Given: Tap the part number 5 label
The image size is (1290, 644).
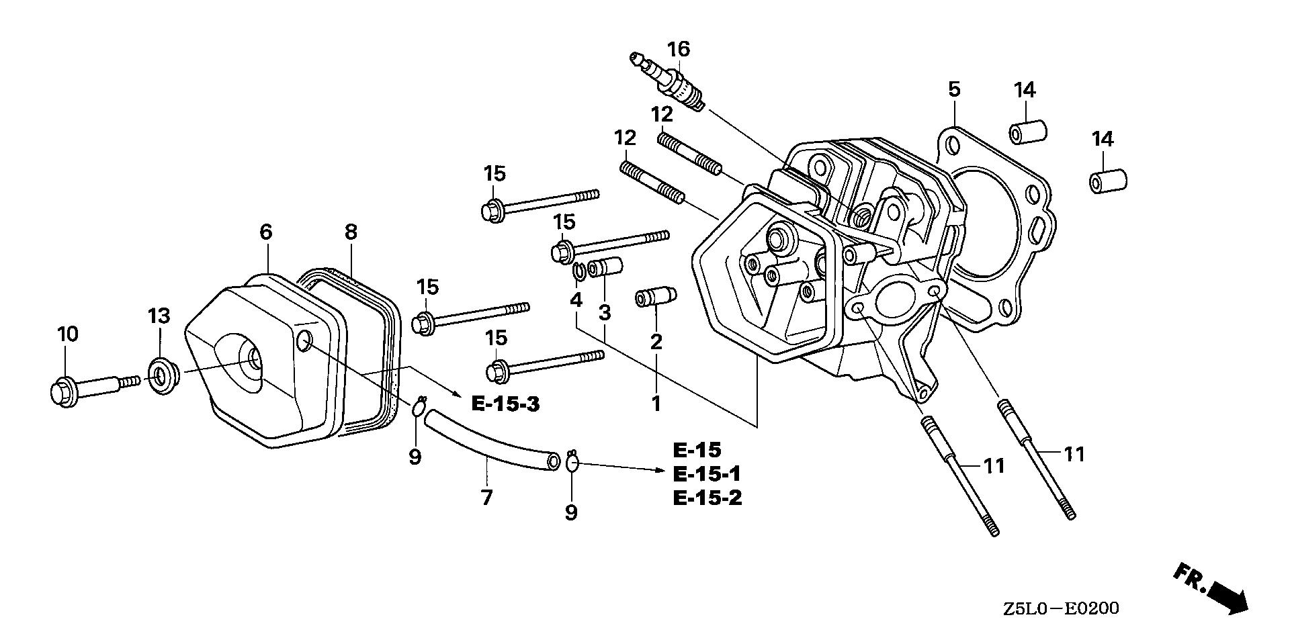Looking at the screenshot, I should (954, 89).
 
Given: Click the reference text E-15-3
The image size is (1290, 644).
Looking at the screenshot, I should (505, 404).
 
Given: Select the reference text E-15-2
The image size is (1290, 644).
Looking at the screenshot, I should (707, 498).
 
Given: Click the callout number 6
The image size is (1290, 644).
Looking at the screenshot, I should (266, 232).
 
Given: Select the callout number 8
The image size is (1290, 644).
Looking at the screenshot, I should (350, 232).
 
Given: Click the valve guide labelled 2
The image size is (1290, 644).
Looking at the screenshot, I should (654, 297).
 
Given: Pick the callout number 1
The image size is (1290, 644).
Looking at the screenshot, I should (656, 404).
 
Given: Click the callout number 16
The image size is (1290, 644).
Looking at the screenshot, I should (679, 49).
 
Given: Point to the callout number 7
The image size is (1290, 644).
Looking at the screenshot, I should (486, 498).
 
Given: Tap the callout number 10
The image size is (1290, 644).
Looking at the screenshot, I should (68, 334).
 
